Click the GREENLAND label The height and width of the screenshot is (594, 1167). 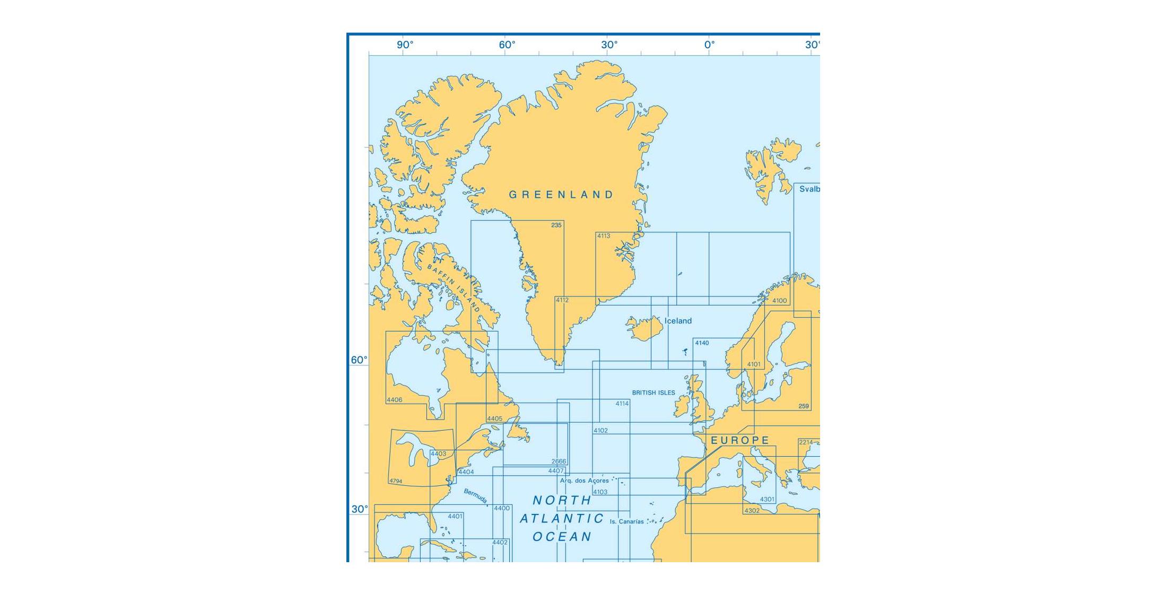(561, 195)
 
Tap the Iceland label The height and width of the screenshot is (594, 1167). (678, 321)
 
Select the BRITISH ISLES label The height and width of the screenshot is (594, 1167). (654, 393)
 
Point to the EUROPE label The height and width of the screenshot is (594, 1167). (740, 440)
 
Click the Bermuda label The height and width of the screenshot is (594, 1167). (475, 496)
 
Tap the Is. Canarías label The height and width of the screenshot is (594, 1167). (626, 522)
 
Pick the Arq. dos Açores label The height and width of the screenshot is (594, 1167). (584, 481)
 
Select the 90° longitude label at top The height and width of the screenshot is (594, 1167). (405, 45)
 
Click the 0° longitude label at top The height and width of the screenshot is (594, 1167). (709, 45)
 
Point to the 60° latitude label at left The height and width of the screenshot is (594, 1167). (359, 360)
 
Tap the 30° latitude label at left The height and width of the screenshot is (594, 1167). (359, 509)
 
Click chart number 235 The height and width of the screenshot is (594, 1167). (556, 225)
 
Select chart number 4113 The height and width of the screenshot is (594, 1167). (604, 236)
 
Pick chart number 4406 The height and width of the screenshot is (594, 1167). (395, 400)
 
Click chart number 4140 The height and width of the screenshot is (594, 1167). (702, 343)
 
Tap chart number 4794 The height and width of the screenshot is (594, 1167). (396, 482)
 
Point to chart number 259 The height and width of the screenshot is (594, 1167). (804, 406)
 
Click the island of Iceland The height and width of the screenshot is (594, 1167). (643, 329)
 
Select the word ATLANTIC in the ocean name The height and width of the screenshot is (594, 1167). (562, 519)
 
